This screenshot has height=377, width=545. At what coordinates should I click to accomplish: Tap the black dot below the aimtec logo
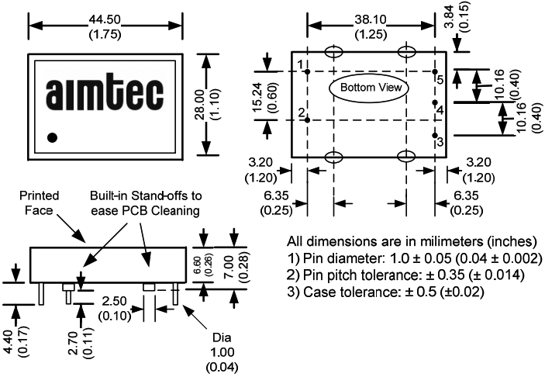[53, 138]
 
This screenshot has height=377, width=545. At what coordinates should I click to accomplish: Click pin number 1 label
[300, 64]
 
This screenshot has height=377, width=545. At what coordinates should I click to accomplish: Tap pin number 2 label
[300, 113]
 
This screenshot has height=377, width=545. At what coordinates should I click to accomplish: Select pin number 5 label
[439, 80]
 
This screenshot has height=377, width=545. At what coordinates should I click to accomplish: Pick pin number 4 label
[440, 111]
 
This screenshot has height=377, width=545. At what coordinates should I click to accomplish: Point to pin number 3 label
[440, 142]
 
